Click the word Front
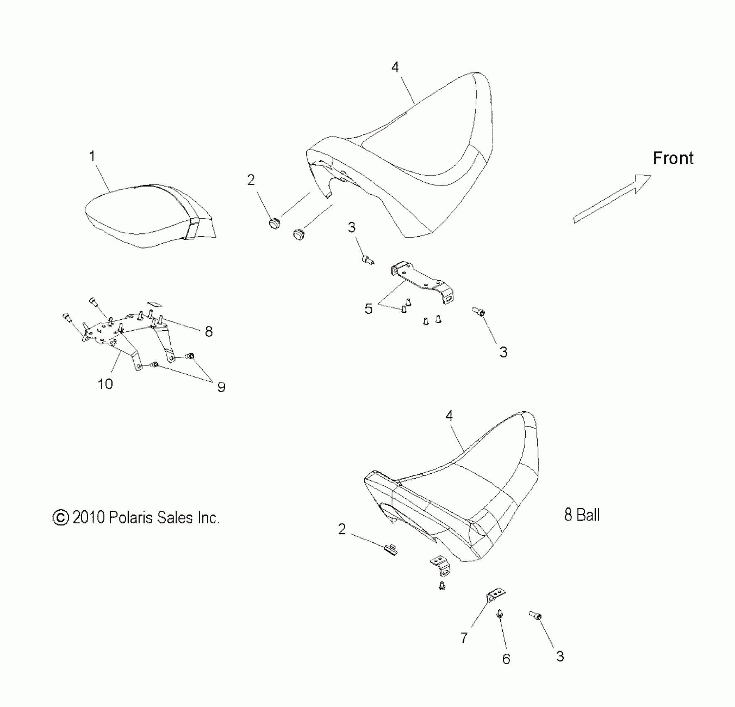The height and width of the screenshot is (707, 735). (673, 158)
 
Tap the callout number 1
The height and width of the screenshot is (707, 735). (92, 156)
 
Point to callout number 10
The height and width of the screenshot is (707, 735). (105, 383)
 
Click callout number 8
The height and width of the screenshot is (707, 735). (209, 331)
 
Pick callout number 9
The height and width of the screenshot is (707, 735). (221, 387)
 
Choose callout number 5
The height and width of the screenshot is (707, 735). (369, 309)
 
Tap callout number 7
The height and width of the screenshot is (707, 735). (464, 638)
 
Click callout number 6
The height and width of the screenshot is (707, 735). (506, 659)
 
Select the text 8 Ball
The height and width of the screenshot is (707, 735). (582, 515)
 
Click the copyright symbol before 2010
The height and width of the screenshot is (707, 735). (61, 518)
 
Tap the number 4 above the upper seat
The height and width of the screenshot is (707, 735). (395, 67)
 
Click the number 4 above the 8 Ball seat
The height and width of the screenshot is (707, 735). (449, 415)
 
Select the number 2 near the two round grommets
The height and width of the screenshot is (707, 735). (251, 180)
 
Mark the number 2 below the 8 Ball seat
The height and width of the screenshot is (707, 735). (342, 529)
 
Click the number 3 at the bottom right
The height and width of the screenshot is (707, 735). (560, 656)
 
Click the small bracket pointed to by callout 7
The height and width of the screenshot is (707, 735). (496, 595)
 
